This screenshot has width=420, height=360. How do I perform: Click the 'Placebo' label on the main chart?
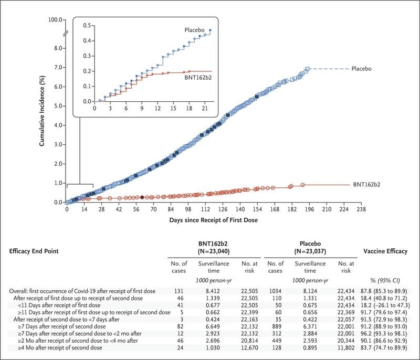coord(361,69)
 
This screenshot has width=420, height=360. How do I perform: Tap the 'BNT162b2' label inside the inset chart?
coord(198,78)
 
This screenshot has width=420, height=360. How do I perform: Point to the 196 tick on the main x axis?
coord(309,209)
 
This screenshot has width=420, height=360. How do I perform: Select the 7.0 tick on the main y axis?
coord(58,68)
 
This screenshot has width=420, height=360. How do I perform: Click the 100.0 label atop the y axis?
coord(55,19)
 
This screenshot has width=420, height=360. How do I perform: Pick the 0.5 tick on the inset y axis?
coord(87,25)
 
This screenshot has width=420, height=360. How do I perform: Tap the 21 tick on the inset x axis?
coord(205,109)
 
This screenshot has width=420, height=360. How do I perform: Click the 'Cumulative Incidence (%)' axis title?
coord(42,111)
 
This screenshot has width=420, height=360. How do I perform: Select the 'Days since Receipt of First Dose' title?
coord(214,220)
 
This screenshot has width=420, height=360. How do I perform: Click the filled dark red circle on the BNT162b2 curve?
coord(142,197)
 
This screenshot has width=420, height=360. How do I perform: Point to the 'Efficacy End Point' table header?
coord(34,251)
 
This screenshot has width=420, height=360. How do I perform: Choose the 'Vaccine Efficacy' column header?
coord(385,251)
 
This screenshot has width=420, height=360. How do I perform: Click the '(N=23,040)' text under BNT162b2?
coord(214,251)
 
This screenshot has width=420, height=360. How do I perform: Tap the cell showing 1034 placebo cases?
coord(275,291)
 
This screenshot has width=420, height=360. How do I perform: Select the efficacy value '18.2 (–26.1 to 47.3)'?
coord(385,305)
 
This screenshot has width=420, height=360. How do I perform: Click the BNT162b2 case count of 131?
coord(178,291)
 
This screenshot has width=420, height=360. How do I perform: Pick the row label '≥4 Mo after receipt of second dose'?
coord(60,348)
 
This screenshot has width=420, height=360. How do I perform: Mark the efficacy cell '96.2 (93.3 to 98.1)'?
coord(384,334)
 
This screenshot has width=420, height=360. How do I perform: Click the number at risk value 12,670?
coord(249,348)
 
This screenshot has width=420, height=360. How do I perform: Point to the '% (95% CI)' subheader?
coord(385,281)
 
